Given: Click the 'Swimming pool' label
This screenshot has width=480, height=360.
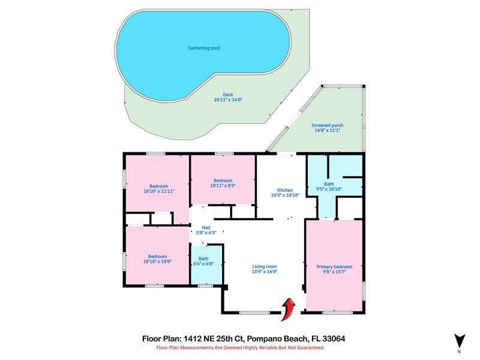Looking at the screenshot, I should (203, 48).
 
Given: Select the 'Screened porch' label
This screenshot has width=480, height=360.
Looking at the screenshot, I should (327, 125).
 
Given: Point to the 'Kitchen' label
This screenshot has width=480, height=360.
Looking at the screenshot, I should (284, 190).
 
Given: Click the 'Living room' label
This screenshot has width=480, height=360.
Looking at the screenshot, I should (264, 266).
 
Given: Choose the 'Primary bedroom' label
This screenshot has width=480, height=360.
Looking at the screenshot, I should (334, 266).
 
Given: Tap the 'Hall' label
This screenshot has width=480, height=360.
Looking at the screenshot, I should (206, 228).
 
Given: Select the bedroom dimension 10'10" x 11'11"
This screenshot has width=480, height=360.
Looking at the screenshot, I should (159, 191).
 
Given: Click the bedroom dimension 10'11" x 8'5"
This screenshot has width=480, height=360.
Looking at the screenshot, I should (223, 186).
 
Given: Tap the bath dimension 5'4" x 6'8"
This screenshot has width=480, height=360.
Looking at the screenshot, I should (204, 264).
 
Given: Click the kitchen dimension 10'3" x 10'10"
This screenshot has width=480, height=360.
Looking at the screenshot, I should (284, 195).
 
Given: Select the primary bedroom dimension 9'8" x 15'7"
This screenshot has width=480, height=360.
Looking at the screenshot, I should (334, 272).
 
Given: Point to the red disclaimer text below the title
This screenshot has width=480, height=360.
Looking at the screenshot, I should (240, 348).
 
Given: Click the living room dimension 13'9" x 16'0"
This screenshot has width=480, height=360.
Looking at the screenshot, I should (264, 272).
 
